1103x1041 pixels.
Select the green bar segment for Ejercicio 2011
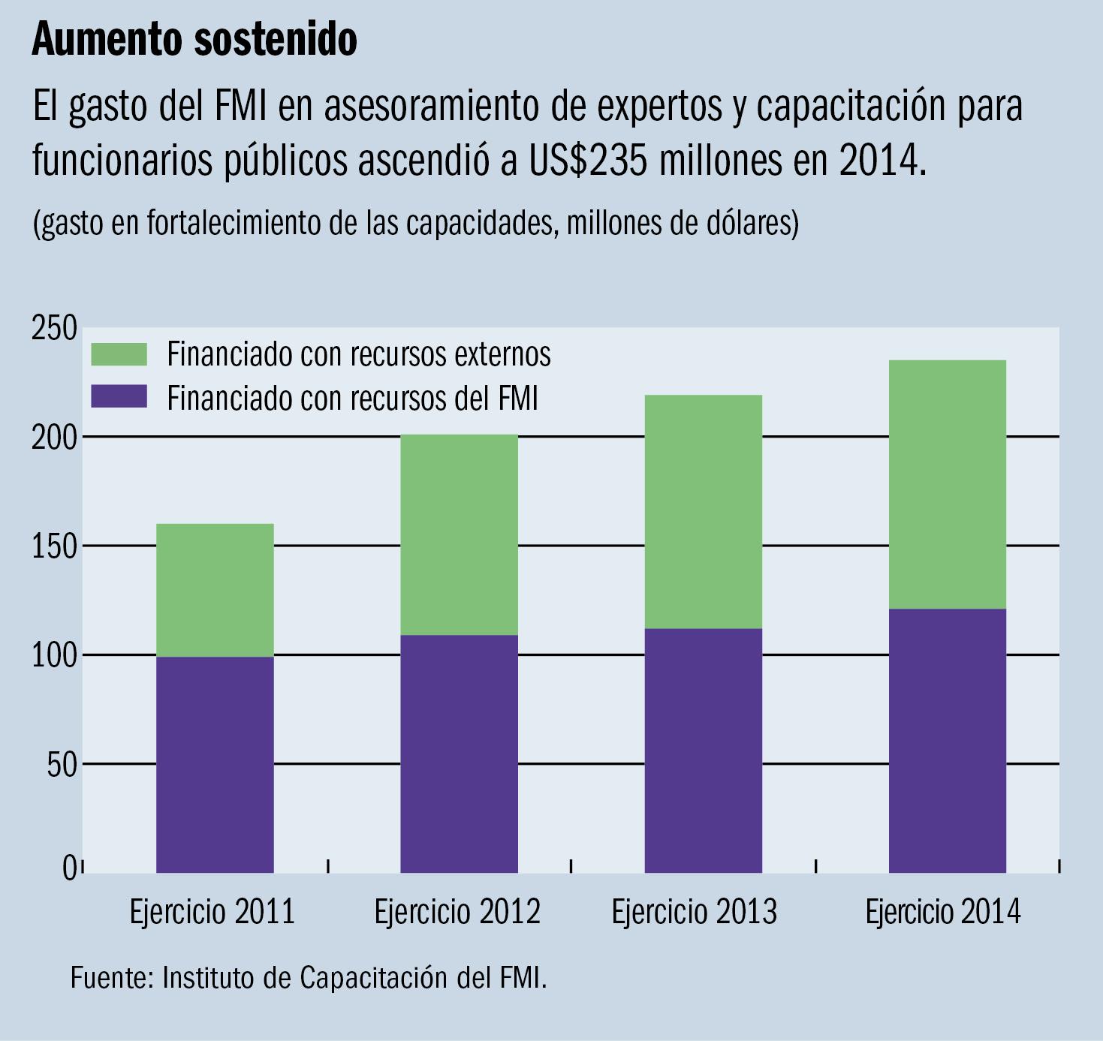[215, 590]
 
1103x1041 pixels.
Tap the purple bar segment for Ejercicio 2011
[215, 764]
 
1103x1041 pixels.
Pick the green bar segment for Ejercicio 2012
[459, 534]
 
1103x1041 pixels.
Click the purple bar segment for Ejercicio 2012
[459, 754]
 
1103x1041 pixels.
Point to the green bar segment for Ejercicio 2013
[703, 511]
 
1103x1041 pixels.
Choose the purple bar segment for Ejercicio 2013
[703, 750]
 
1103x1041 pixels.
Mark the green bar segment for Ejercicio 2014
[947, 484]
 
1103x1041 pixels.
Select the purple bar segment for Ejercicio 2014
[947, 740]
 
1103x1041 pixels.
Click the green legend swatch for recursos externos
[119, 354]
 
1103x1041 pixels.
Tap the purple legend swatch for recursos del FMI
[119, 397]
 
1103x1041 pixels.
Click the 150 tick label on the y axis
[54, 547]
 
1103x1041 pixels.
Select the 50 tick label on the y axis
[60, 765]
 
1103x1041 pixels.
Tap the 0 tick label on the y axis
[69, 868]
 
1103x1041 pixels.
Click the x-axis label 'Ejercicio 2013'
[694, 912]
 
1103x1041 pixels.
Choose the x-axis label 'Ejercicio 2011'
[212, 912]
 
